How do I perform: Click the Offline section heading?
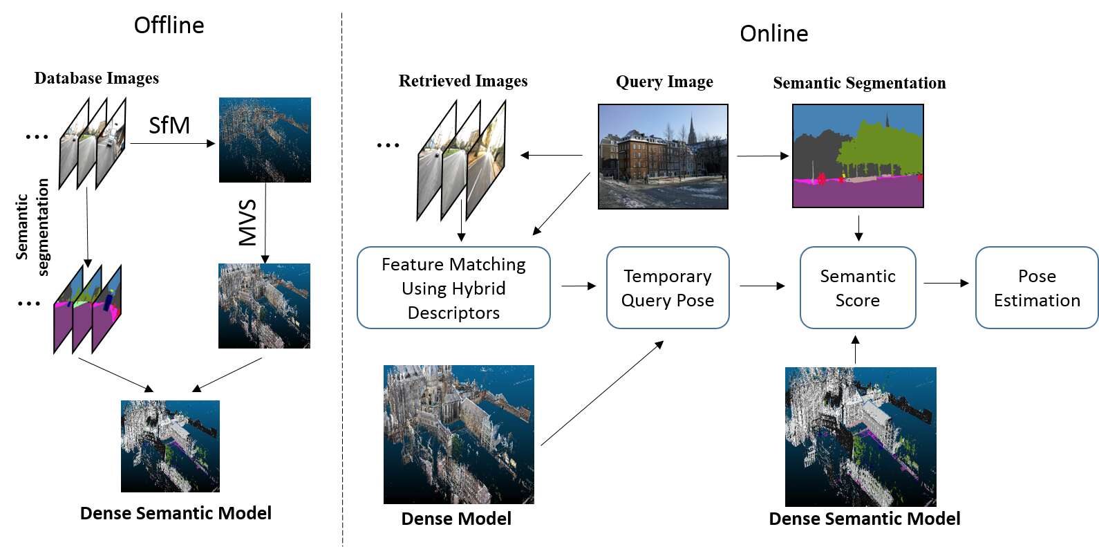[x=169, y=26]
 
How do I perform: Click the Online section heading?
[x=773, y=34]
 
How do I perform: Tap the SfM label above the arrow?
[x=169, y=125]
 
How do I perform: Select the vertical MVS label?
[x=247, y=223]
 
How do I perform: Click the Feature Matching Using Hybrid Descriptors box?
[x=453, y=288]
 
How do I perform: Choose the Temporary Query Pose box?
[x=668, y=288]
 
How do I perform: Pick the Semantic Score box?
[x=858, y=288]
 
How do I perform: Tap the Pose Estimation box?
[x=1036, y=288]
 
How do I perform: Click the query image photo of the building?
[x=663, y=156]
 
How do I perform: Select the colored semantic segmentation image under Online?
[x=858, y=156]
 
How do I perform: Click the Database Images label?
[x=97, y=78]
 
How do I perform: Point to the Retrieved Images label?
[x=463, y=81]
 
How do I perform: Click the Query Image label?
[x=664, y=82]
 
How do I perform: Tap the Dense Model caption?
[x=456, y=519]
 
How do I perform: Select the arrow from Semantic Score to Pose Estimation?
[x=946, y=283]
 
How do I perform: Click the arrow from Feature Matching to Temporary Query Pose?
[x=579, y=286]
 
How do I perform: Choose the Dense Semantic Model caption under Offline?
[x=176, y=513]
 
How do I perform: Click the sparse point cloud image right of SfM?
[x=265, y=140]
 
